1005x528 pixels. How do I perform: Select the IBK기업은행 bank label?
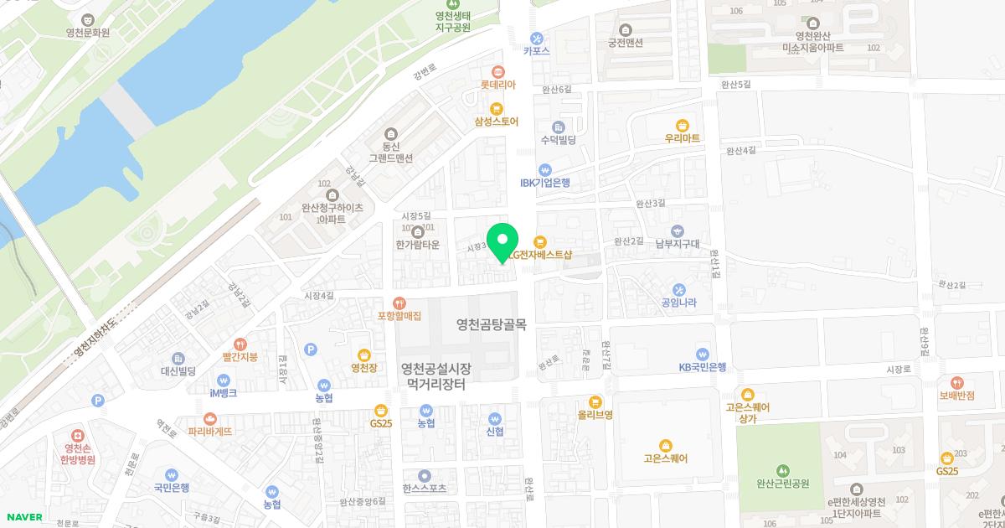(x=544, y=183)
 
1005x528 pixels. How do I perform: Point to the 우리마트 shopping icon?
(x=682, y=124)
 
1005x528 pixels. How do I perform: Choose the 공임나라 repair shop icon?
(x=679, y=289)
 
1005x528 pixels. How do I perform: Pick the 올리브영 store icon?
(x=595, y=401)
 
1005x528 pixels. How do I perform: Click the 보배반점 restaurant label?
(x=956, y=396)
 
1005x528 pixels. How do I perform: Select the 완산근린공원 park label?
(x=782, y=484)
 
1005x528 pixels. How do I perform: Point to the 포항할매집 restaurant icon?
(x=399, y=303)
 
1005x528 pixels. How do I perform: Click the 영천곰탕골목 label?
(x=491, y=324)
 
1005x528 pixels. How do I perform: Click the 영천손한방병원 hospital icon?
(x=78, y=436)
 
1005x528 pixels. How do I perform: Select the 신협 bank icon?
(x=494, y=418)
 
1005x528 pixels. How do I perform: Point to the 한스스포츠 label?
(x=425, y=488)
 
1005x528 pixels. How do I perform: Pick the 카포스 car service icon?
(x=536, y=37)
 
